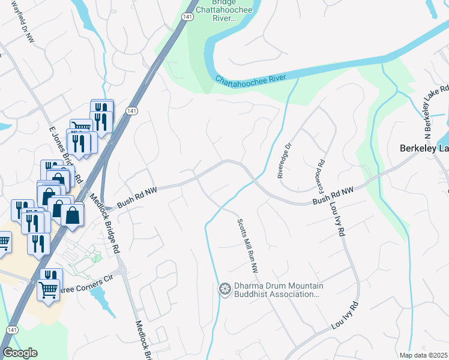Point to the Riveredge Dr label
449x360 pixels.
(x=284, y=160)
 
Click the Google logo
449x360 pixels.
(x=20, y=353)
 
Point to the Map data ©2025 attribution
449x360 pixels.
(x=423, y=355)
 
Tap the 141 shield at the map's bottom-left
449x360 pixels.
(x=11, y=330)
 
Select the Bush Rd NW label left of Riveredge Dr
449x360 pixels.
(x=137, y=196)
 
